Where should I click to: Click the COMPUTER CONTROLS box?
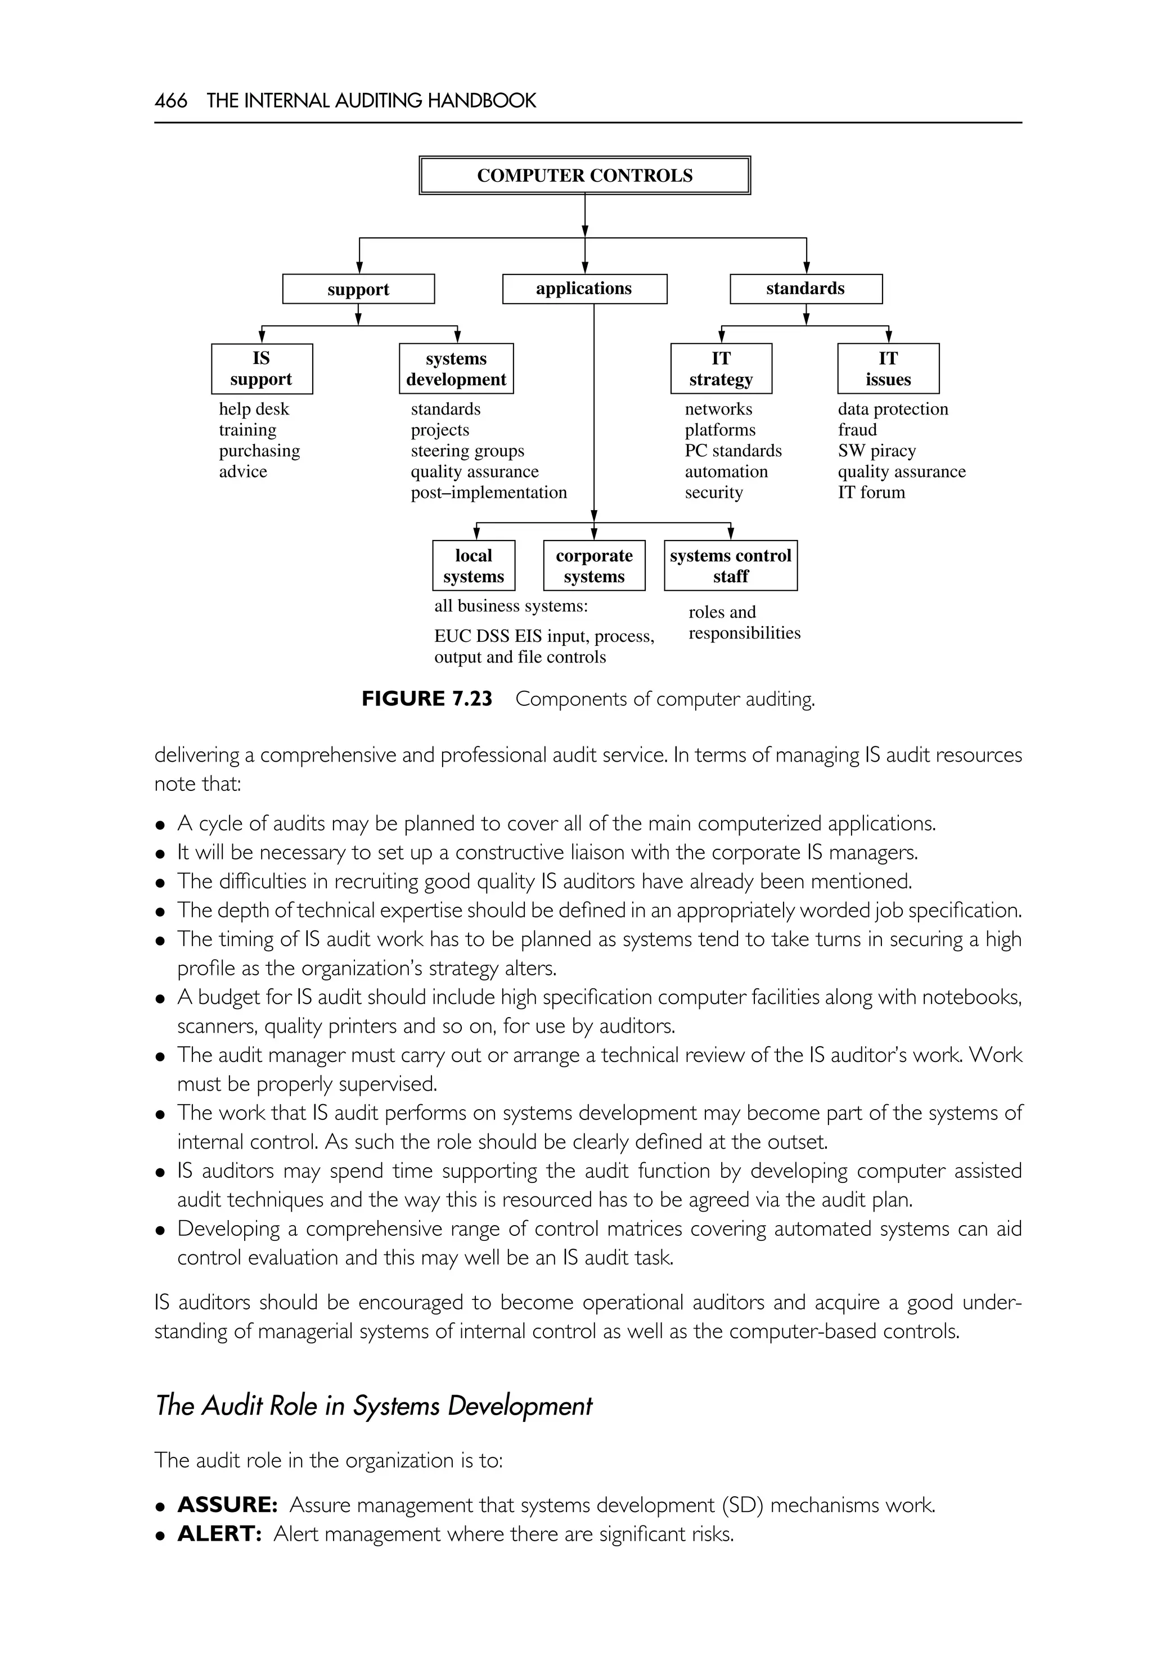pyautogui.click(x=584, y=175)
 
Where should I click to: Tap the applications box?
pyautogui.click(x=584, y=289)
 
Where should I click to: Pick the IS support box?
pyautogui.click(x=262, y=369)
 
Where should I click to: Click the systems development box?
pyautogui.click(x=456, y=369)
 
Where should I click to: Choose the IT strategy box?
pyautogui.click(x=721, y=369)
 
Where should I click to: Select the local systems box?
pyautogui.click(x=474, y=566)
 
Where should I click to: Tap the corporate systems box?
pyautogui.click(x=594, y=566)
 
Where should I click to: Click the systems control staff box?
pyautogui.click(x=731, y=566)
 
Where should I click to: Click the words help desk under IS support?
pyautogui.click(x=254, y=409)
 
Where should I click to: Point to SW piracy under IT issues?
pyautogui.click(x=876, y=451)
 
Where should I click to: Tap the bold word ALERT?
pyautogui.click(x=219, y=1534)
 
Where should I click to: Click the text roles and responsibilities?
pyautogui.click(x=744, y=623)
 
